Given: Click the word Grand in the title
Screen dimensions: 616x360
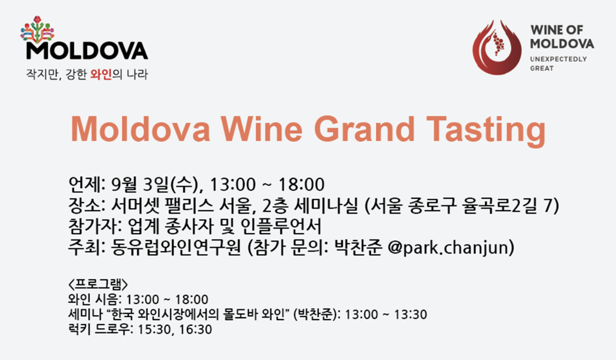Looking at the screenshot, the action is (364, 128).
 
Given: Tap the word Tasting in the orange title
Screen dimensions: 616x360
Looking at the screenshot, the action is (486, 130).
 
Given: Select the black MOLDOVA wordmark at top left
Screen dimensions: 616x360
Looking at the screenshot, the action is (87, 50).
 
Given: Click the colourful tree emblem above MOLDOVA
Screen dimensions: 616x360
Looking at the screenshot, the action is (37, 30).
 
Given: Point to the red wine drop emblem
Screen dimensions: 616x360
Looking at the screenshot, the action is (497, 47).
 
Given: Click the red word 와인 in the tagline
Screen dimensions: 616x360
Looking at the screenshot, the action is (101, 74).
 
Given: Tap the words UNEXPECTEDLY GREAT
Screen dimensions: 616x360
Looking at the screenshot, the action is (558, 64).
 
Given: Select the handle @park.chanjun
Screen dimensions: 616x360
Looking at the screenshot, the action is (450, 248).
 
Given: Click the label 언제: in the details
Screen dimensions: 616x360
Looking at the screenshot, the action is (87, 184).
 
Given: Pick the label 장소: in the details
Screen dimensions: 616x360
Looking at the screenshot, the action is (87, 205).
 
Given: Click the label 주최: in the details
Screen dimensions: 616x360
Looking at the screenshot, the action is (87, 247).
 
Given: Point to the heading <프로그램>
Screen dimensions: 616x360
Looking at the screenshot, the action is (98, 284).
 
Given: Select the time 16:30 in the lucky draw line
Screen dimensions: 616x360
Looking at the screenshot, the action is (195, 329).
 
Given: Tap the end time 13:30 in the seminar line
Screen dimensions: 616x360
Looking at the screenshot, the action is (411, 314).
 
